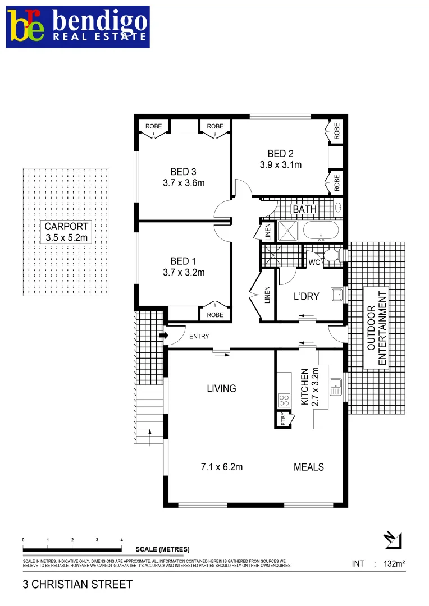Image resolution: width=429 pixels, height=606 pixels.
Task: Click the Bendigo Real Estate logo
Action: coord(79,27)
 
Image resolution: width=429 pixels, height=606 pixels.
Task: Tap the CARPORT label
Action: coord(67,227)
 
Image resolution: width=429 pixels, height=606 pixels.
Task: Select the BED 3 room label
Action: coord(184,172)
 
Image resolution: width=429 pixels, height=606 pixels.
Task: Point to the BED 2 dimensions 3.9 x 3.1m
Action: coord(281,165)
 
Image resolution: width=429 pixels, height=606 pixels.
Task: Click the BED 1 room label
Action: coord(184,261)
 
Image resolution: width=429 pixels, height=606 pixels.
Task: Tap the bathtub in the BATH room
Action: coord(320,231)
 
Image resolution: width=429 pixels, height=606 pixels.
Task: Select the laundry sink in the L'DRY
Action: coord(337,295)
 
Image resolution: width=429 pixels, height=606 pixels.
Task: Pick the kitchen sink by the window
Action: coord(336,386)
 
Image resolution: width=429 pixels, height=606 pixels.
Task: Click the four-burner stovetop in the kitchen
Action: coord(284,400)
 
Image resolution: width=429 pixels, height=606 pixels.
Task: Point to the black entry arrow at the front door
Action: coord(163,336)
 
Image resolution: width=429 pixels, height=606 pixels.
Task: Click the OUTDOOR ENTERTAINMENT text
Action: coord(375,328)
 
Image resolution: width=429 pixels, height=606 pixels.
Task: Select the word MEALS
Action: coord(309,467)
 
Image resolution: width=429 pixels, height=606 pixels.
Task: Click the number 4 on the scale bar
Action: coord(122,540)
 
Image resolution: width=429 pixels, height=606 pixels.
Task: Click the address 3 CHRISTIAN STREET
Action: coord(77,584)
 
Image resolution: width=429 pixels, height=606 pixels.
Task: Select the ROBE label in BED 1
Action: coord(214,315)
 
